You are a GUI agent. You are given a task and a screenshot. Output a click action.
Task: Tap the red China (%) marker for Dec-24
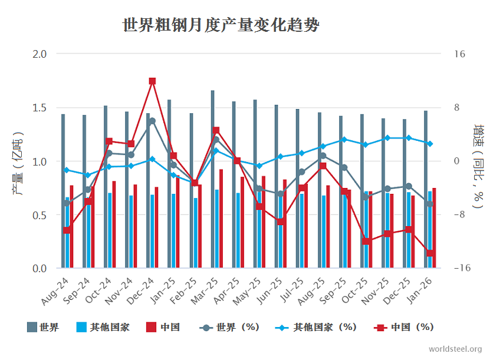click(x=152, y=81)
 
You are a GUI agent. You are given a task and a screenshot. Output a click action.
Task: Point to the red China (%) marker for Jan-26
click(x=430, y=253)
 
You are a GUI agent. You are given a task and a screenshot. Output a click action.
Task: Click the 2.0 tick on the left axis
click(x=39, y=54)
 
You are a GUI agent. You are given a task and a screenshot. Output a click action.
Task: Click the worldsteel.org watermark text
click(x=455, y=349)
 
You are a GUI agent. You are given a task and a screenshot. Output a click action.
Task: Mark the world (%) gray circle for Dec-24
click(x=152, y=121)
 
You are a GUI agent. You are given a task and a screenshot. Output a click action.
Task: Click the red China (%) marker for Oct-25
click(x=366, y=242)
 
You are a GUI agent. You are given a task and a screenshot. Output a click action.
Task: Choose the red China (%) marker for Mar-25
click(x=216, y=130)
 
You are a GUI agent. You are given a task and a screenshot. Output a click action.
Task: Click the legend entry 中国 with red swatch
click(x=162, y=328)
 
